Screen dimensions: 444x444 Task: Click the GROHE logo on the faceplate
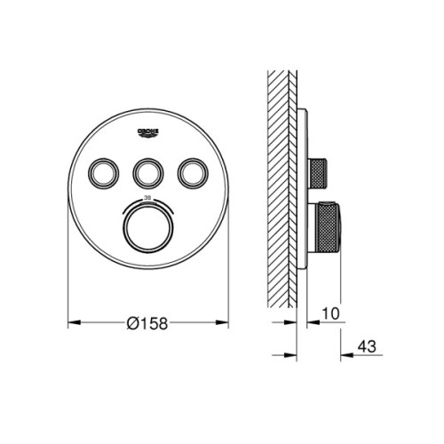click(148, 133)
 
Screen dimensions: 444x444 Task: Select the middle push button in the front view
click(148, 171)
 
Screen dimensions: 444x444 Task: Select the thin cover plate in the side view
click(305, 191)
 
